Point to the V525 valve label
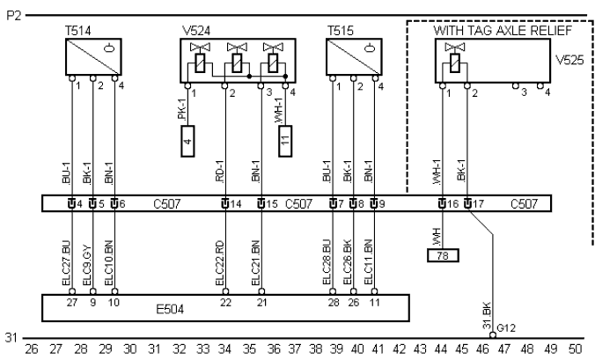(566, 64)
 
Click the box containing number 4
(187, 141)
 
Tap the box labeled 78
(442, 256)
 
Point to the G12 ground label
(505, 328)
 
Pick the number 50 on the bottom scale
(577, 349)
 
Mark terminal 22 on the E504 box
(225, 301)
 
